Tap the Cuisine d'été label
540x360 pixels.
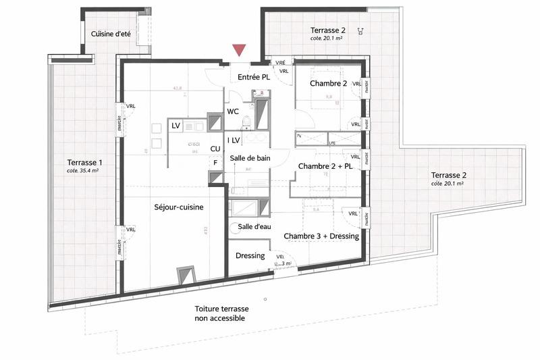point(111,33)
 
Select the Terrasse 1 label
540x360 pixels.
point(85,162)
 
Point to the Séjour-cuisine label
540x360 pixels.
point(179,208)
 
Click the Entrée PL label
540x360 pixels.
point(254,78)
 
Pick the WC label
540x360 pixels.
point(234,111)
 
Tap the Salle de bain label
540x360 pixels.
point(250,158)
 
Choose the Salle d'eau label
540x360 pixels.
point(254,228)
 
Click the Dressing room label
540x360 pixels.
point(249,256)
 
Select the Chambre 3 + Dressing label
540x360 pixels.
point(321,236)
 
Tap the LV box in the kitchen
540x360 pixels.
point(175,126)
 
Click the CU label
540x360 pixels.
point(215,149)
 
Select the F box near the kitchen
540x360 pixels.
point(216,163)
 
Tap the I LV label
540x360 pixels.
point(234,140)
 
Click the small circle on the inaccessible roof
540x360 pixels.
point(265,298)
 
